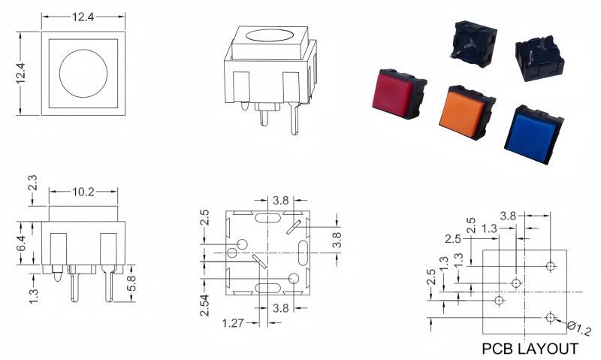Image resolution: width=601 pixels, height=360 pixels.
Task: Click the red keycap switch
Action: tap(399, 94)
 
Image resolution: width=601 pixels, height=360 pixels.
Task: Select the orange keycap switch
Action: tap(467, 112)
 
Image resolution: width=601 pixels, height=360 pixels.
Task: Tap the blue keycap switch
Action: tap(533, 135)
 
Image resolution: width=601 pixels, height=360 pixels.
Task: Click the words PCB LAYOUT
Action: tap(530, 349)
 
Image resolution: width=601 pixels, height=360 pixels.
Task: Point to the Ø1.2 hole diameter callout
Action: tap(579, 328)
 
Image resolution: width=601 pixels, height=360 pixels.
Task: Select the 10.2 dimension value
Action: tap(83, 192)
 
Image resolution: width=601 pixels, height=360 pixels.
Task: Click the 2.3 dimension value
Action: tap(32, 183)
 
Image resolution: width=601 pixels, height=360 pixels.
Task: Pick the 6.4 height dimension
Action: tap(22, 243)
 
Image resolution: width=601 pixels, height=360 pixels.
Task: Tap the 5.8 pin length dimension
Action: tap(131, 283)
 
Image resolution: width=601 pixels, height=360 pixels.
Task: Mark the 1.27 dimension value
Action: tap(233, 323)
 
